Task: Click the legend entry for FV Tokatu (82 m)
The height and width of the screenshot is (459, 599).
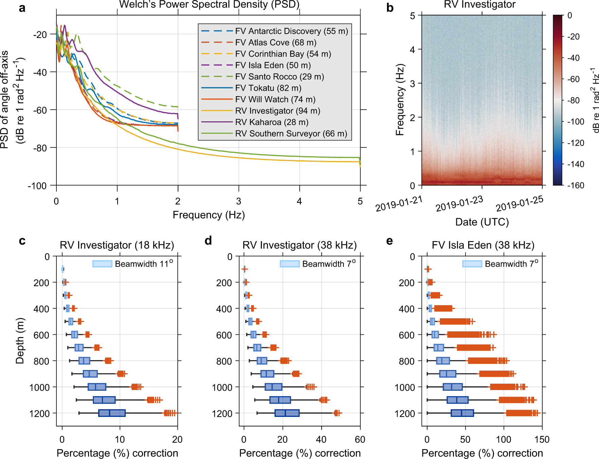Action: click(x=268, y=88)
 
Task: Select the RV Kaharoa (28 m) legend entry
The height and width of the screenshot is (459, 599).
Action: click(x=271, y=122)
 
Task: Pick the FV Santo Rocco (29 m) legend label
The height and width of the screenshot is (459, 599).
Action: click(x=279, y=76)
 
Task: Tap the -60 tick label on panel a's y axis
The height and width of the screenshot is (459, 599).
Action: click(x=40, y=110)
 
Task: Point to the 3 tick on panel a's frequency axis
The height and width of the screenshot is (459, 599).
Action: click(x=239, y=201)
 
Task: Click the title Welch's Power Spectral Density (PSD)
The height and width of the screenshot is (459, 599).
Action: click(x=209, y=5)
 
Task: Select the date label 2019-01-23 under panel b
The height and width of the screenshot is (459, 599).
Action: click(x=459, y=204)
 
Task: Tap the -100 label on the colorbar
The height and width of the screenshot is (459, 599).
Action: click(x=576, y=122)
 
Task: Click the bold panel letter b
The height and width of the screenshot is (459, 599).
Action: click(x=390, y=8)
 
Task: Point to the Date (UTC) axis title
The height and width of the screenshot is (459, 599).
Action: click(x=482, y=222)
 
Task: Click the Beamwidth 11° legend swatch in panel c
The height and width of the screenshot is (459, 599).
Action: click(x=102, y=264)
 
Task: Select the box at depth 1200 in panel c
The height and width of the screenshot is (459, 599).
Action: click(x=112, y=413)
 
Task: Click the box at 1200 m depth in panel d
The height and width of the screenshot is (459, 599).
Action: click(x=287, y=413)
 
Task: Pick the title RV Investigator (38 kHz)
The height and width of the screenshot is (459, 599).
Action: click(x=299, y=245)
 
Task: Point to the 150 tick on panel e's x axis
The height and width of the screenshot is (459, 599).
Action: click(x=542, y=439)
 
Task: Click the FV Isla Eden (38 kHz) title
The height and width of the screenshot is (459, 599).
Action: click(x=483, y=245)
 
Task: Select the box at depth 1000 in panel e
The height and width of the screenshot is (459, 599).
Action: click(x=453, y=387)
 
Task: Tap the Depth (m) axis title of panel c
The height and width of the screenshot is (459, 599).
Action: click(x=20, y=341)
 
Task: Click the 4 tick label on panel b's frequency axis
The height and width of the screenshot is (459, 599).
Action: click(x=412, y=50)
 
